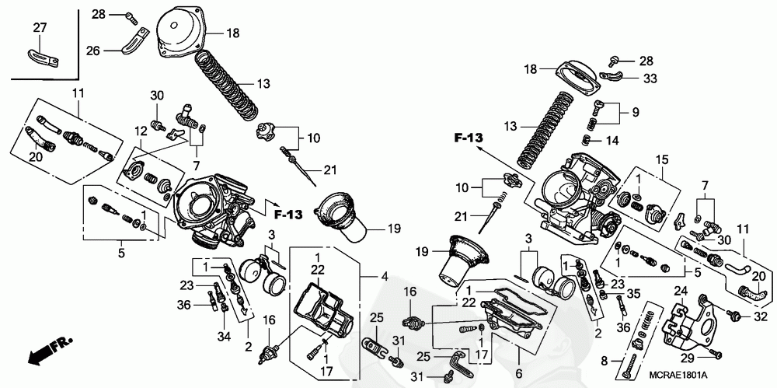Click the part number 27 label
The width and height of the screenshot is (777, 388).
[x=40, y=27]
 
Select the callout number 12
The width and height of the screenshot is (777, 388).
[x=140, y=131]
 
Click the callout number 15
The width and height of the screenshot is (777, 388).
[x=663, y=160]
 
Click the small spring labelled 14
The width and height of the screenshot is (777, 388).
[x=586, y=140]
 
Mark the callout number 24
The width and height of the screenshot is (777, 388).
[x=681, y=291]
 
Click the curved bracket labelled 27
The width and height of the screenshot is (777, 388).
[x=43, y=55]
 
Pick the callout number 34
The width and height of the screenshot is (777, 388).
[x=224, y=337]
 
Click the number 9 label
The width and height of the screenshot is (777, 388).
[x=635, y=112]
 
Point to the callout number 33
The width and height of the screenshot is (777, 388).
[x=650, y=78]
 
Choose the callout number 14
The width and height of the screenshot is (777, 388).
[x=611, y=141]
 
